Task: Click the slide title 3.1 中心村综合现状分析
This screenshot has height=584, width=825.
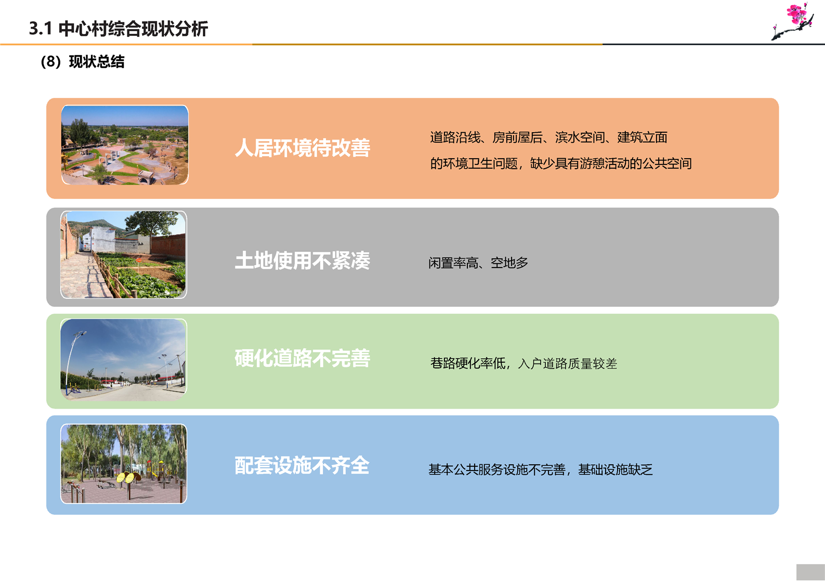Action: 118,29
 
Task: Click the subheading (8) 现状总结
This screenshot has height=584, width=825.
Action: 83,61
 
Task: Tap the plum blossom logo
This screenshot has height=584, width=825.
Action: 793,21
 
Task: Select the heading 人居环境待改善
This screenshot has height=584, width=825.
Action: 303,148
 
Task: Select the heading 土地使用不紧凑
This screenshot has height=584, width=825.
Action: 303,260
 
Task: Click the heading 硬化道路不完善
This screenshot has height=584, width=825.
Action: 303,358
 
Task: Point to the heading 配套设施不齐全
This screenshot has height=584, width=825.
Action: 302,465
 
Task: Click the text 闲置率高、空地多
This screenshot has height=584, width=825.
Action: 478,263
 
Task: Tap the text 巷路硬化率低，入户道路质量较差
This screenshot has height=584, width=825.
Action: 523,363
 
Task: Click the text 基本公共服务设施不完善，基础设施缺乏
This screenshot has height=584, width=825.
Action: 540,469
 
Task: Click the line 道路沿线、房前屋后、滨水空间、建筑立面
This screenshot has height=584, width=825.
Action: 548,137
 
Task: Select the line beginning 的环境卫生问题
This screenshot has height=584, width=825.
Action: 560,163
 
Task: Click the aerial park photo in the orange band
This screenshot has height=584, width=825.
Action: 125,145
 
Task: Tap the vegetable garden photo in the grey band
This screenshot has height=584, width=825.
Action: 124,255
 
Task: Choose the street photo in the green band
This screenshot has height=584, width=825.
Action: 124,360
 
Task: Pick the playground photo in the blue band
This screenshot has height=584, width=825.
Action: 124,464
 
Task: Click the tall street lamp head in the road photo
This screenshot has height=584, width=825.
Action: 80,334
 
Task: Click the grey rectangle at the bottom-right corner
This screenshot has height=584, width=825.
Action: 810,572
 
